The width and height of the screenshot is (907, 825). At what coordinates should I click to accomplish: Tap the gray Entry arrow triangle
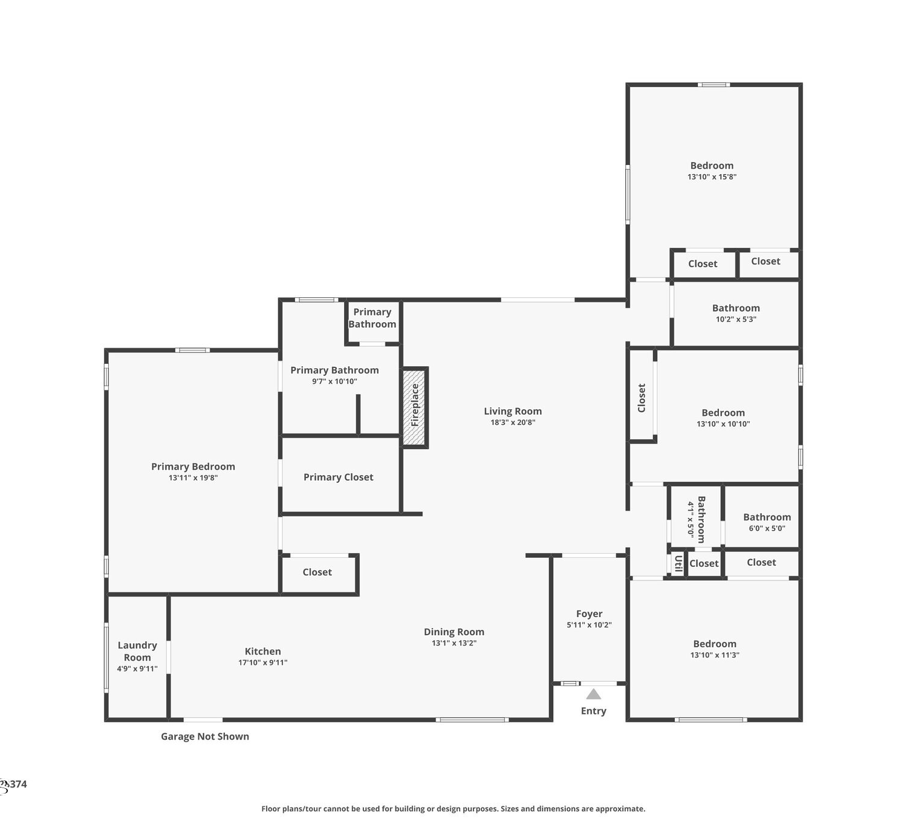tap(593, 694)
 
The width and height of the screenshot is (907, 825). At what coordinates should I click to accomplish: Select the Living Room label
tap(513, 411)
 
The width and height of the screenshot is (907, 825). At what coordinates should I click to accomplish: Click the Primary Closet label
tap(338, 477)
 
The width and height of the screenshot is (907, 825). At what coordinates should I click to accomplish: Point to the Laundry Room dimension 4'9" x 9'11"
tap(137, 668)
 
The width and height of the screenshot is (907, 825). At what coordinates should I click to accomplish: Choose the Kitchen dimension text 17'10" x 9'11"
tap(262, 662)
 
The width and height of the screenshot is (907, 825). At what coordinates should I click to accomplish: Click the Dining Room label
tap(454, 632)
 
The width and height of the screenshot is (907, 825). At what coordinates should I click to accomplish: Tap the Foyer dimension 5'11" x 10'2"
tap(589, 625)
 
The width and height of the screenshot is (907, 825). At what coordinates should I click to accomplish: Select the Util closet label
tap(678, 563)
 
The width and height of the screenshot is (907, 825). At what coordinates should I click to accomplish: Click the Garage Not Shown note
tap(205, 736)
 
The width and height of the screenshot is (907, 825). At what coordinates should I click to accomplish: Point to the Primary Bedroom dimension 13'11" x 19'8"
tap(193, 477)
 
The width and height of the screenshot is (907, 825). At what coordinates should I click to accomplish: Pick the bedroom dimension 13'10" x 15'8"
tap(712, 176)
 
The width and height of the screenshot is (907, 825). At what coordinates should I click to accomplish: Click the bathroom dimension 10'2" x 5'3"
tap(736, 319)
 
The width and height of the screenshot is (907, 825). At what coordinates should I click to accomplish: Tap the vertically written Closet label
tap(641, 398)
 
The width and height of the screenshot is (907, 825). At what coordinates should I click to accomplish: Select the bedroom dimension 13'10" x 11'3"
tap(714, 655)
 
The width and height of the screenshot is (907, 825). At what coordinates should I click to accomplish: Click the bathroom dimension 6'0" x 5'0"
tap(767, 528)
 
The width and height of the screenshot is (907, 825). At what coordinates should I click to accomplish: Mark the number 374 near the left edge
tap(18, 784)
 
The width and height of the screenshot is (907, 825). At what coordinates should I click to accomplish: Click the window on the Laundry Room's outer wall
tap(106, 658)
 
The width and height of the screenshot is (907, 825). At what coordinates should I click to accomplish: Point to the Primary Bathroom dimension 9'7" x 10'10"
tap(334, 381)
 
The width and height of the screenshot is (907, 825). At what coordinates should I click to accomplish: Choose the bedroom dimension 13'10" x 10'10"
tap(723, 424)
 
